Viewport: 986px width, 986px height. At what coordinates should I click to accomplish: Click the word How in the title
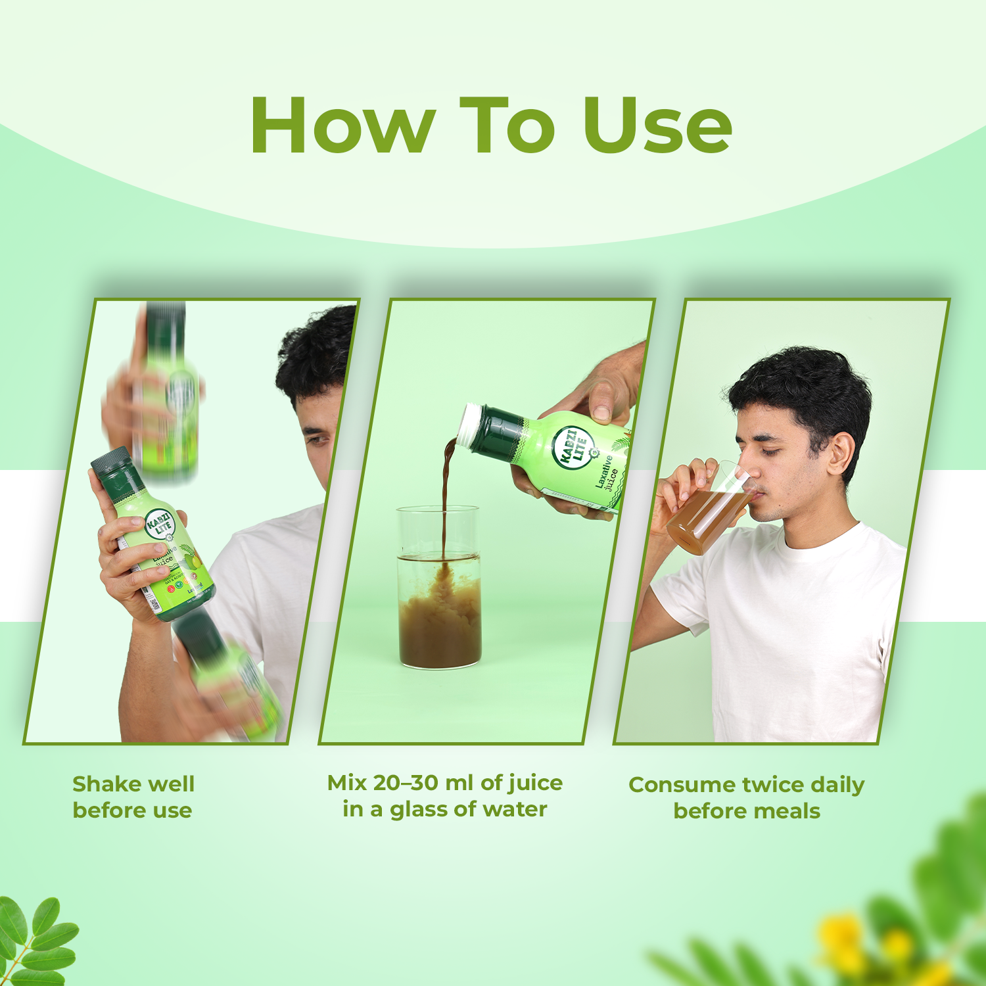coord(342,125)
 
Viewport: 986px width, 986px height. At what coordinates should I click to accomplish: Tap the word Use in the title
coord(657,125)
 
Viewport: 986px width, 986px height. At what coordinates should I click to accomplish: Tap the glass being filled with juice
coord(440,592)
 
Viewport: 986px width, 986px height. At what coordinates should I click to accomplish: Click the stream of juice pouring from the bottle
coord(447,500)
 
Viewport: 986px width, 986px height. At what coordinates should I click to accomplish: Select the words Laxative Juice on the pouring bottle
coord(607,473)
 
